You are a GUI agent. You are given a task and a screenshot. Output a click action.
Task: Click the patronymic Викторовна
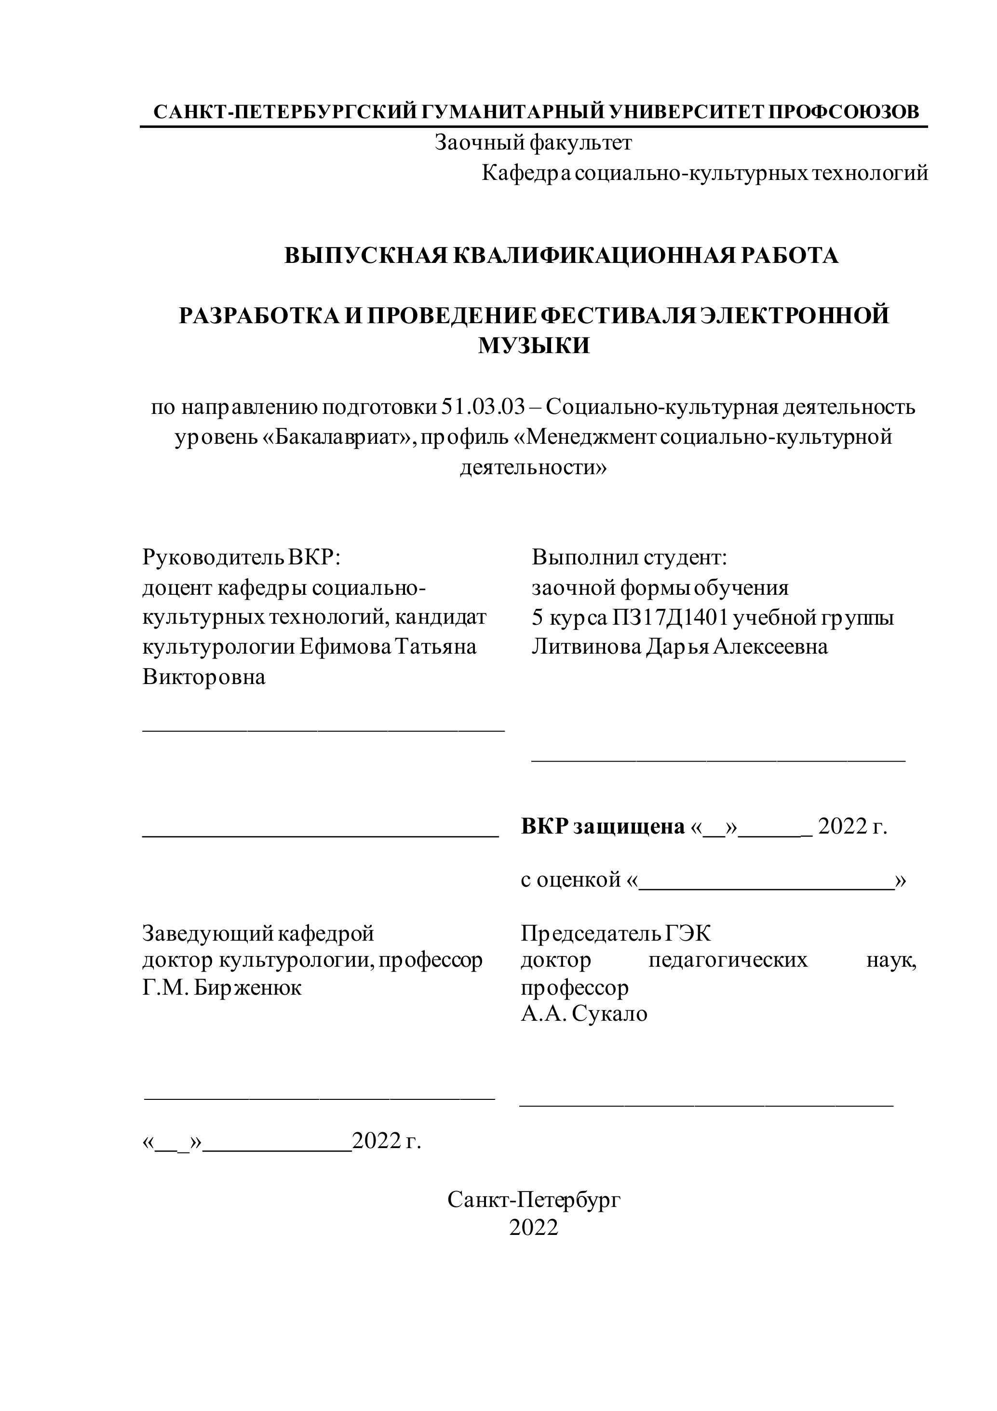[204, 677]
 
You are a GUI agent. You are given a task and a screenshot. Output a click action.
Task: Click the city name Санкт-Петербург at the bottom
[534, 1199]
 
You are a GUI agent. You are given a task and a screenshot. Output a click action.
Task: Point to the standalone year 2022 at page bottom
[534, 1227]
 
